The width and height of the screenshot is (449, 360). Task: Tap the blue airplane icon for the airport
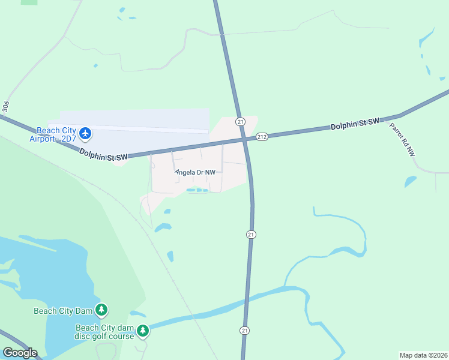point(85,133)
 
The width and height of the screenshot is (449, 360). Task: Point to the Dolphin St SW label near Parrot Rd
point(355,124)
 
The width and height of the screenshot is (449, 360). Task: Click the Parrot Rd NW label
point(402,140)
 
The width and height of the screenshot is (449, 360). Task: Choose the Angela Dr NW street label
point(195,172)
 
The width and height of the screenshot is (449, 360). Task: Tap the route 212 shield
point(262,137)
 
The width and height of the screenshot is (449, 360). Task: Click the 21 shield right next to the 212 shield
point(240,121)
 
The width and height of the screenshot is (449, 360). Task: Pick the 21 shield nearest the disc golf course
point(244,331)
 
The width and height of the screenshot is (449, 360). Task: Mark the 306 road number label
point(6,106)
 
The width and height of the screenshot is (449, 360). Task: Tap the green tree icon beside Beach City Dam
point(102,310)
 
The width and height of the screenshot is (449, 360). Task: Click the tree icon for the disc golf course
point(142,331)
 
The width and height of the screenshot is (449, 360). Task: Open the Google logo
point(19,353)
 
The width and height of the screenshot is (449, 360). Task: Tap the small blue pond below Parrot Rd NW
point(411,181)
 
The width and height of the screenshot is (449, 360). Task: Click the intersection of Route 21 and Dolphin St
point(246,139)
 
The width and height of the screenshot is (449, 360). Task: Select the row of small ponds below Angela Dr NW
point(197,190)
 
